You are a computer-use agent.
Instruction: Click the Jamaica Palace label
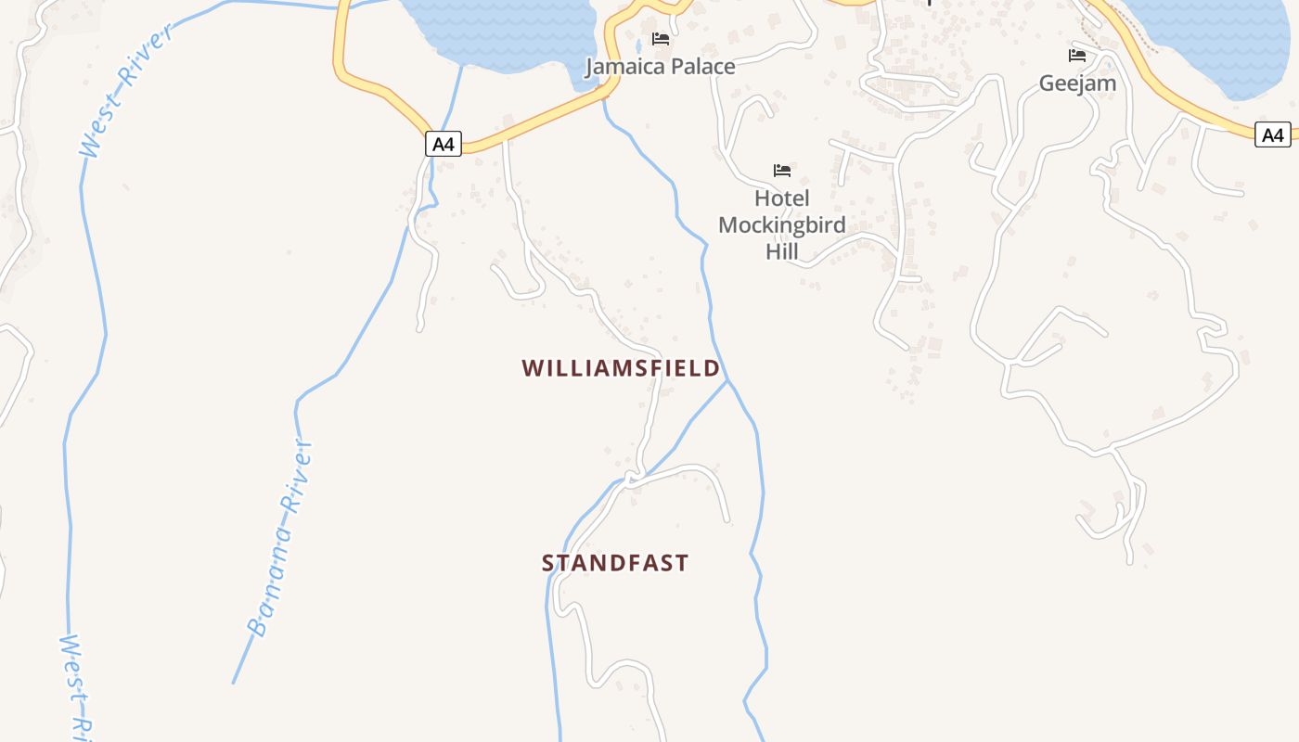coord(660,67)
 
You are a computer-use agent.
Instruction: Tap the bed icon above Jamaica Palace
coord(661,39)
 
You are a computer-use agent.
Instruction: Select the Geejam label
coord(1077,83)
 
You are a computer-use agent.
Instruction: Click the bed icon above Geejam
coord(1077,56)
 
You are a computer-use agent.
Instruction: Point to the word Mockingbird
coord(781,224)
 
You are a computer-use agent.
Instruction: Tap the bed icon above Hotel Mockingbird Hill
coord(782,171)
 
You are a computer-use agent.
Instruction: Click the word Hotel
coord(781,198)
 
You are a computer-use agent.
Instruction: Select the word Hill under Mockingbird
coord(781,250)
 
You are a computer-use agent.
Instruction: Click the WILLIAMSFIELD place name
coord(621,368)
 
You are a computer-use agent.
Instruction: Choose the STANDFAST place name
coord(615,563)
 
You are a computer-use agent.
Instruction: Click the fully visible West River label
coord(127,91)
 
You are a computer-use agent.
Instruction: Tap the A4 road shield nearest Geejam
coord(1273,134)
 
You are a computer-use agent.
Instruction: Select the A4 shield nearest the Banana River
coord(444,144)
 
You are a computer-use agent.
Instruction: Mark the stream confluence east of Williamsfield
coord(727,380)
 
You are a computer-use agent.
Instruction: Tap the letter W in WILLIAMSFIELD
coord(532,368)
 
